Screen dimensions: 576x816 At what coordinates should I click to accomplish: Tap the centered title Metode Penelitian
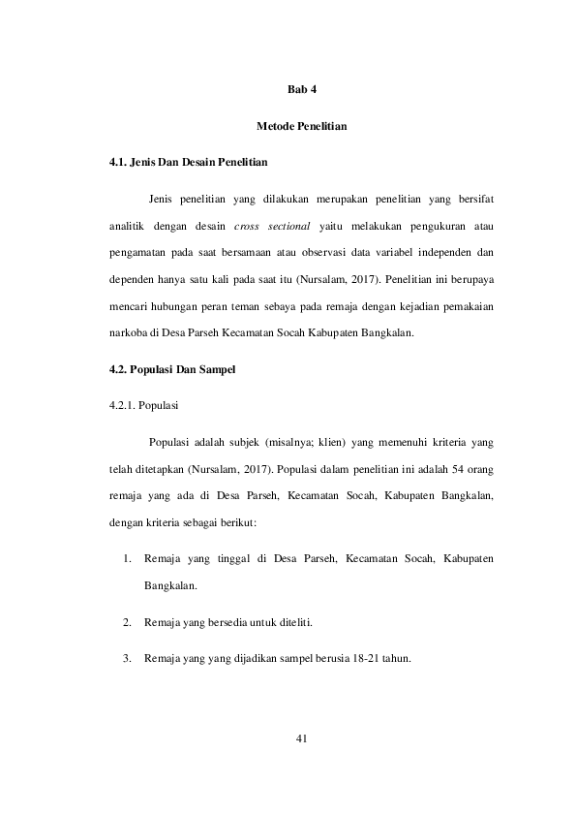point(301,126)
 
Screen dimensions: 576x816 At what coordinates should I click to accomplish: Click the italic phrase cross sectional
point(272,227)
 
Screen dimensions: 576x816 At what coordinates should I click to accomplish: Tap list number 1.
point(128,559)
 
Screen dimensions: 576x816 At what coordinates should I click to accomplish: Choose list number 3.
point(128,658)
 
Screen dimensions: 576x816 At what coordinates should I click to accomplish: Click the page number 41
point(300,739)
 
